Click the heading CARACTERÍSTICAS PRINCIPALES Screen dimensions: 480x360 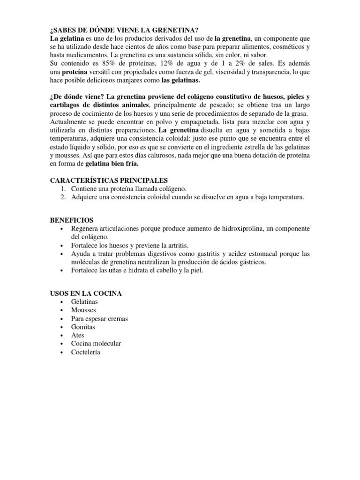[x=109, y=180]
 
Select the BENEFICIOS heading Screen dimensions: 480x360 [x=72, y=220]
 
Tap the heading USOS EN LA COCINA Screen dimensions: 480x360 [x=86, y=293]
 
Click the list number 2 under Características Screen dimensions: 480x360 [x=63, y=197]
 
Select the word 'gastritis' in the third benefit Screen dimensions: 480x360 [x=206, y=254]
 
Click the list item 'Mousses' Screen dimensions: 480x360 [x=83, y=310]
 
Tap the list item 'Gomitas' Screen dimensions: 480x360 [x=83, y=327]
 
